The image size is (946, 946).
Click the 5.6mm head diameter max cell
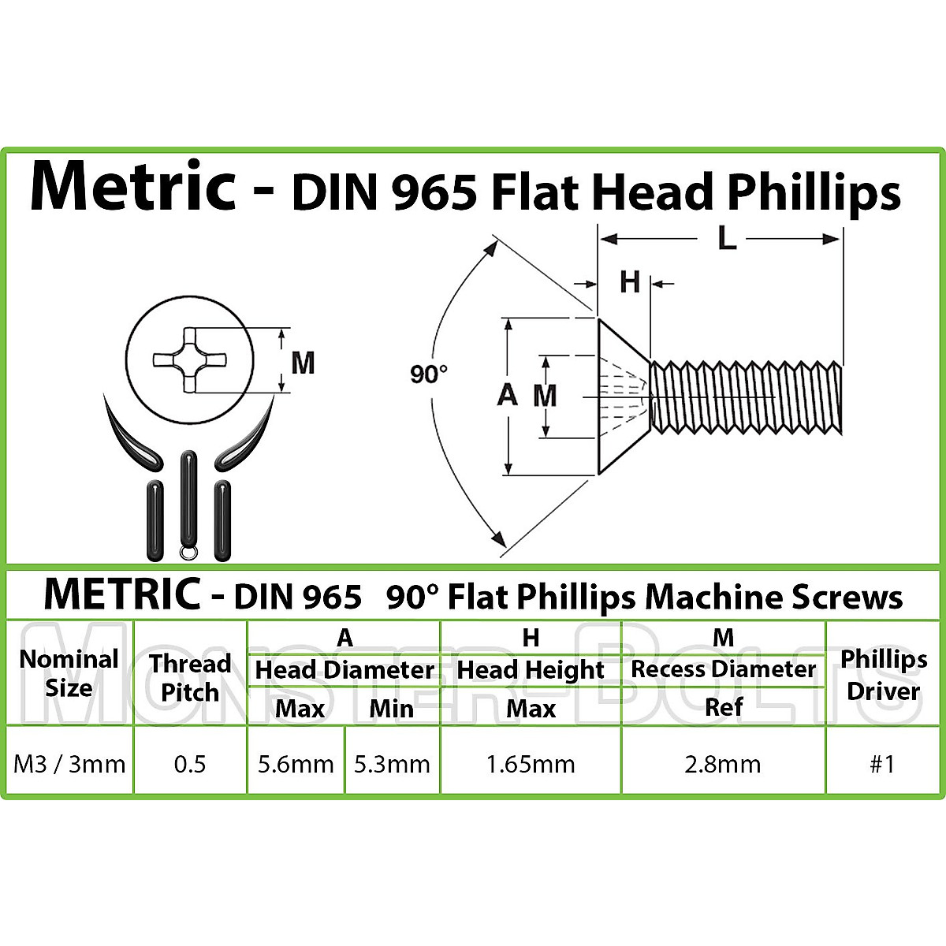coord(296,764)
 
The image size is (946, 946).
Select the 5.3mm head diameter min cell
coord(392,764)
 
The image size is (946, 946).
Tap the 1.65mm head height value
coord(531,764)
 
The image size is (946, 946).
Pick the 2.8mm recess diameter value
coord(723,764)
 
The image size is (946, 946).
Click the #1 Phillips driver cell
coord(882,764)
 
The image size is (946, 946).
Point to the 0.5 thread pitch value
coord(190,764)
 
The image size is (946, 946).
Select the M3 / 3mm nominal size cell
coord(69,764)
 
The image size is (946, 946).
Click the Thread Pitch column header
coord(190,677)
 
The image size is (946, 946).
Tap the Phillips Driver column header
coord(883,675)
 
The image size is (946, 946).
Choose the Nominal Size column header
coord(69,673)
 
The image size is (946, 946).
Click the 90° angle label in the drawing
coord(429,374)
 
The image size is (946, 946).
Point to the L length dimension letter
coord(726,239)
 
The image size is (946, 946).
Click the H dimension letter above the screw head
coord(629,282)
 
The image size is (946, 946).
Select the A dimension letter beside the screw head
coord(507,394)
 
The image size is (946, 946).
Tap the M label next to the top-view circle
coord(303,363)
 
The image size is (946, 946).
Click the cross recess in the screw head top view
coord(189,359)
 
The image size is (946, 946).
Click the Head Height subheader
coord(531,670)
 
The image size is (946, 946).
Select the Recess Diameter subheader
coord(723,669)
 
